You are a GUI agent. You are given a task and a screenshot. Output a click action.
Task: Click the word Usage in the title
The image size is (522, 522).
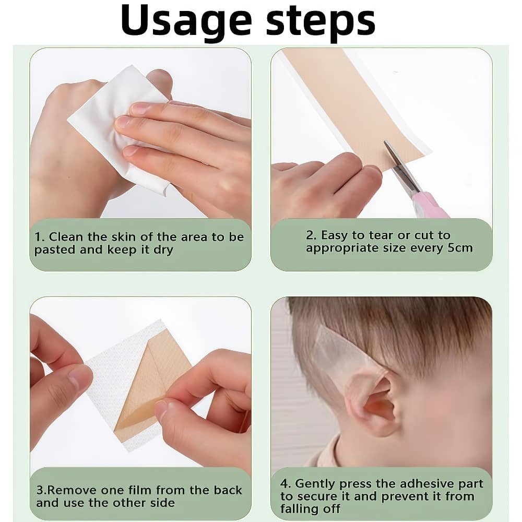click(x=186, y=21)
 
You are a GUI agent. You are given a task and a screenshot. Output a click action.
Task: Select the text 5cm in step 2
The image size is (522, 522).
click(x=460, y=248)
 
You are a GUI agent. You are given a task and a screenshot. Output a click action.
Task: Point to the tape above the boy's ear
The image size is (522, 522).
click(x=346, y=353)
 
